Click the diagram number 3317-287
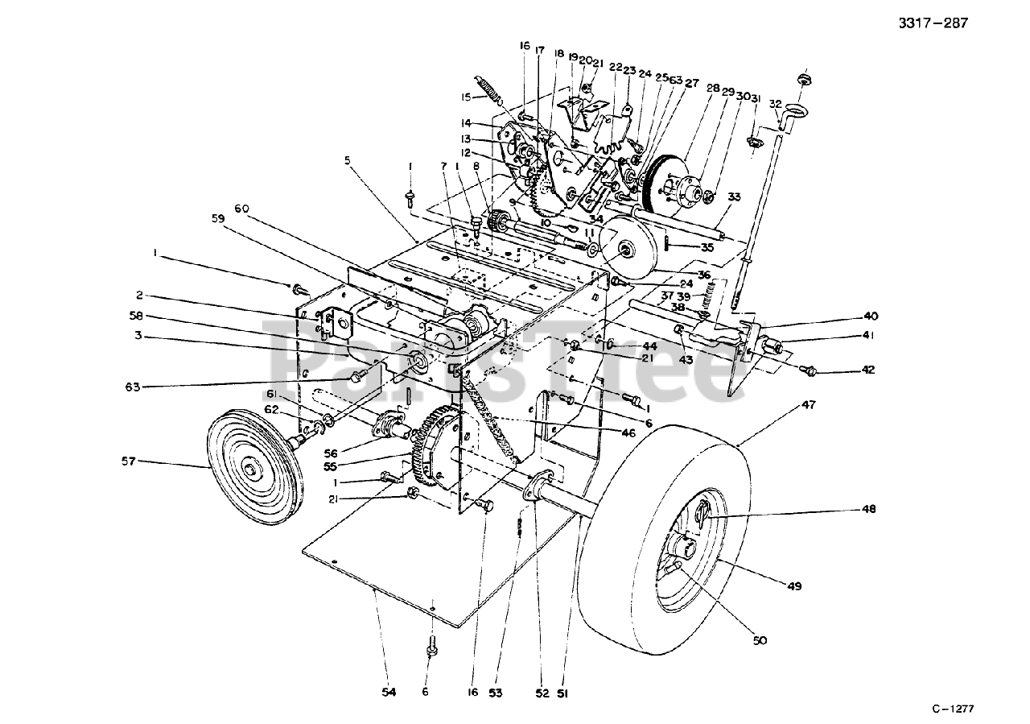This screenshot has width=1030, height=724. point(933,22)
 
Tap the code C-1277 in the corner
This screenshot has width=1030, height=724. point(954,709)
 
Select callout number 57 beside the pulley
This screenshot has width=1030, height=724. point(128,461)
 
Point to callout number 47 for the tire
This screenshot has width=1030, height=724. point(807,405)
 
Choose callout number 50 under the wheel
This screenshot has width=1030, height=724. point(760,640)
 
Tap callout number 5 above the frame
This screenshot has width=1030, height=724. point(348,159)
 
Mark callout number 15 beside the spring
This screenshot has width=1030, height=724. point(466,97)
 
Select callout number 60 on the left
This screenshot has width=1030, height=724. point(241,209)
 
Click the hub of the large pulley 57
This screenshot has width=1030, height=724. point(252,470)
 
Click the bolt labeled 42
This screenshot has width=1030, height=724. point(810,370)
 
